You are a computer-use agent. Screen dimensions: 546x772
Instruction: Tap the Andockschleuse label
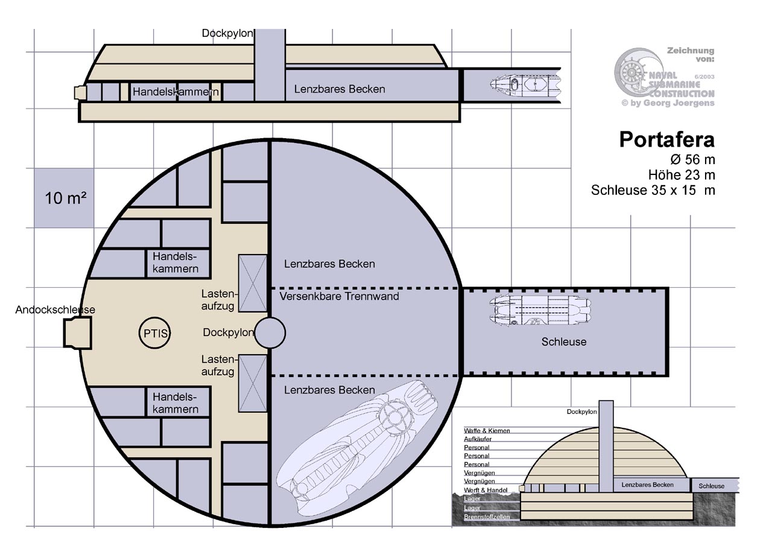point(55,310)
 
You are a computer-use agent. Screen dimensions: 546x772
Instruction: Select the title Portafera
point(666,140)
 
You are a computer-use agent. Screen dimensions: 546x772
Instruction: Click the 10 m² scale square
point(63,198)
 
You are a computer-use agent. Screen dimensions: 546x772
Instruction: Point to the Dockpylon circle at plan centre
point(270,332)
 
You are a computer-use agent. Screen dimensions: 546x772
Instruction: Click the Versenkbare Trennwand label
point(340,296)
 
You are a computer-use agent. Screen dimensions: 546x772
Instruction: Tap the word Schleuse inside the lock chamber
point(563,342)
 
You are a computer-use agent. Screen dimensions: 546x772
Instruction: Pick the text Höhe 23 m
point(682,176)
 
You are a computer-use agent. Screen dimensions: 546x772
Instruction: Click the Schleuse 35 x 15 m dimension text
point(653,191)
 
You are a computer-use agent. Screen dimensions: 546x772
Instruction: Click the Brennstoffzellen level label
point(487,517)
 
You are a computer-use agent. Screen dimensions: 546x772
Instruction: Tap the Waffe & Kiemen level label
point(487,431)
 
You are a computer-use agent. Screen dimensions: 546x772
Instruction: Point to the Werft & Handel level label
point(486,490)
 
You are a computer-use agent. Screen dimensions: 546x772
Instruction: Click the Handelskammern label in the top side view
point(176,92)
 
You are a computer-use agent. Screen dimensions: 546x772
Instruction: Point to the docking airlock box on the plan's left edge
point(78,332)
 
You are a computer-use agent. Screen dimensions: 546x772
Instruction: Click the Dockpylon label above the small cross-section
point(581,413)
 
